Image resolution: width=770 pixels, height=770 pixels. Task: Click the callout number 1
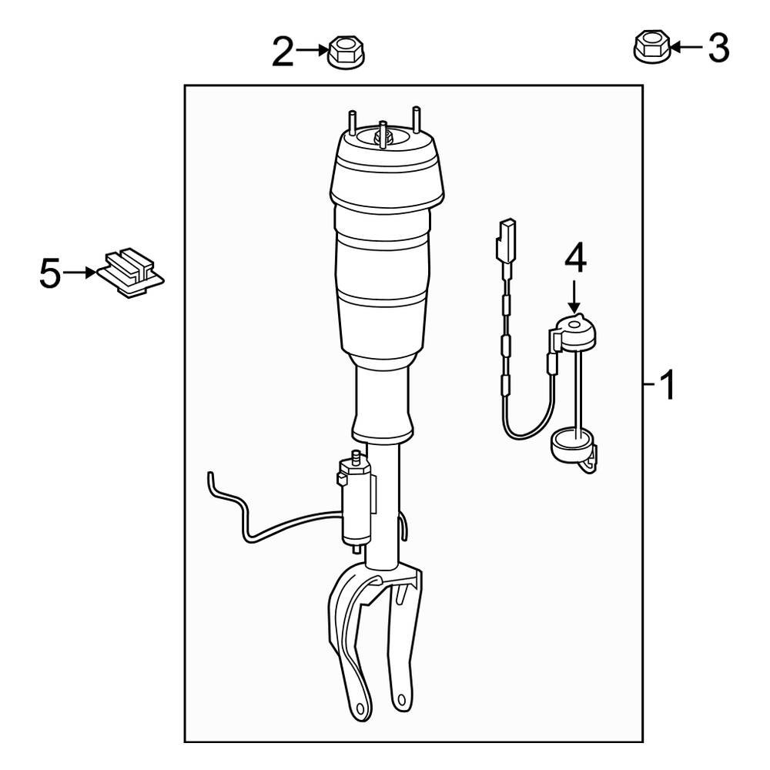[668, 384]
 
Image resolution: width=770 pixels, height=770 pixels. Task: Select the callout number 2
[283, 52]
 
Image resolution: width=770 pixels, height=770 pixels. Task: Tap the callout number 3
[718, 49]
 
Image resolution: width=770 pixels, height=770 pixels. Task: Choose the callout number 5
[49, 274]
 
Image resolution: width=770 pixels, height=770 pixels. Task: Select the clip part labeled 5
[131, 273]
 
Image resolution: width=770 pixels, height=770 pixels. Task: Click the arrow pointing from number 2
[313, 51]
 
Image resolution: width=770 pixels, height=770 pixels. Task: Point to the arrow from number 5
[79, 273]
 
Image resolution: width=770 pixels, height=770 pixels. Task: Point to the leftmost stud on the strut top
[352, 123]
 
